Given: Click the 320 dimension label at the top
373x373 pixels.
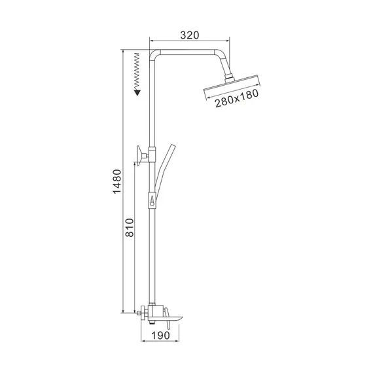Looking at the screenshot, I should pos(189,35).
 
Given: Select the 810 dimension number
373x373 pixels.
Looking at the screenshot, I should pos(130,226).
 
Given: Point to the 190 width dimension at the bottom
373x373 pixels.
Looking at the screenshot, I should pos(161,335).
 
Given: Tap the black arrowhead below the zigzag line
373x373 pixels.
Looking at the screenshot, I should pos(137,92).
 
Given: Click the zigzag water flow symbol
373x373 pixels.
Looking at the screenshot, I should pos(137,71).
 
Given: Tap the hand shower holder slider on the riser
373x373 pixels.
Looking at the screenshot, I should pos(152,199).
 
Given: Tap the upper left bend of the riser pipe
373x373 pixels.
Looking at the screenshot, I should pos(154,55).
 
